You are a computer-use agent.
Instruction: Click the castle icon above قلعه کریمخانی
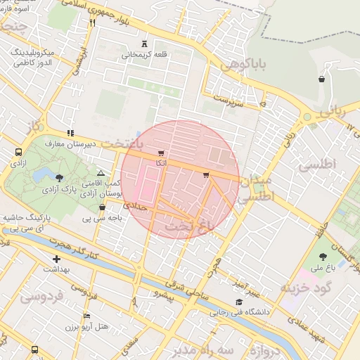click(x=144, y=43)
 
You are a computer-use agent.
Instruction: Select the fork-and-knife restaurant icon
click(x=92, y=22)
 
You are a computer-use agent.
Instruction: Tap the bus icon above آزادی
click(x=18, y=151)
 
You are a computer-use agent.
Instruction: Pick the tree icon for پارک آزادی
click(x=59, y=178)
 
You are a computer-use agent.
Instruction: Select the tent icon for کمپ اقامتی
click(x=101, y=172)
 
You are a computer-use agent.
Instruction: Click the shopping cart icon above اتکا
click(x=161, y=153)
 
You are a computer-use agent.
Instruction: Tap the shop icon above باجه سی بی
click(x=103, y=207)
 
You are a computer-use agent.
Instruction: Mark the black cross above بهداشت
click(x=56, y=259)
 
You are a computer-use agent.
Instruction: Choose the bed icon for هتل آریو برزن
click(x=86, y=316)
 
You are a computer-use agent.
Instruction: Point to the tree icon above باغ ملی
click(x=323, y=257)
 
